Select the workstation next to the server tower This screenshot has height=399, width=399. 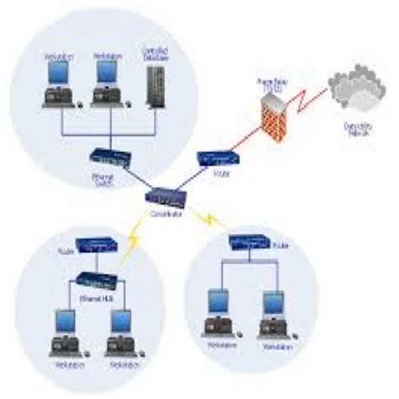point(108,84)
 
